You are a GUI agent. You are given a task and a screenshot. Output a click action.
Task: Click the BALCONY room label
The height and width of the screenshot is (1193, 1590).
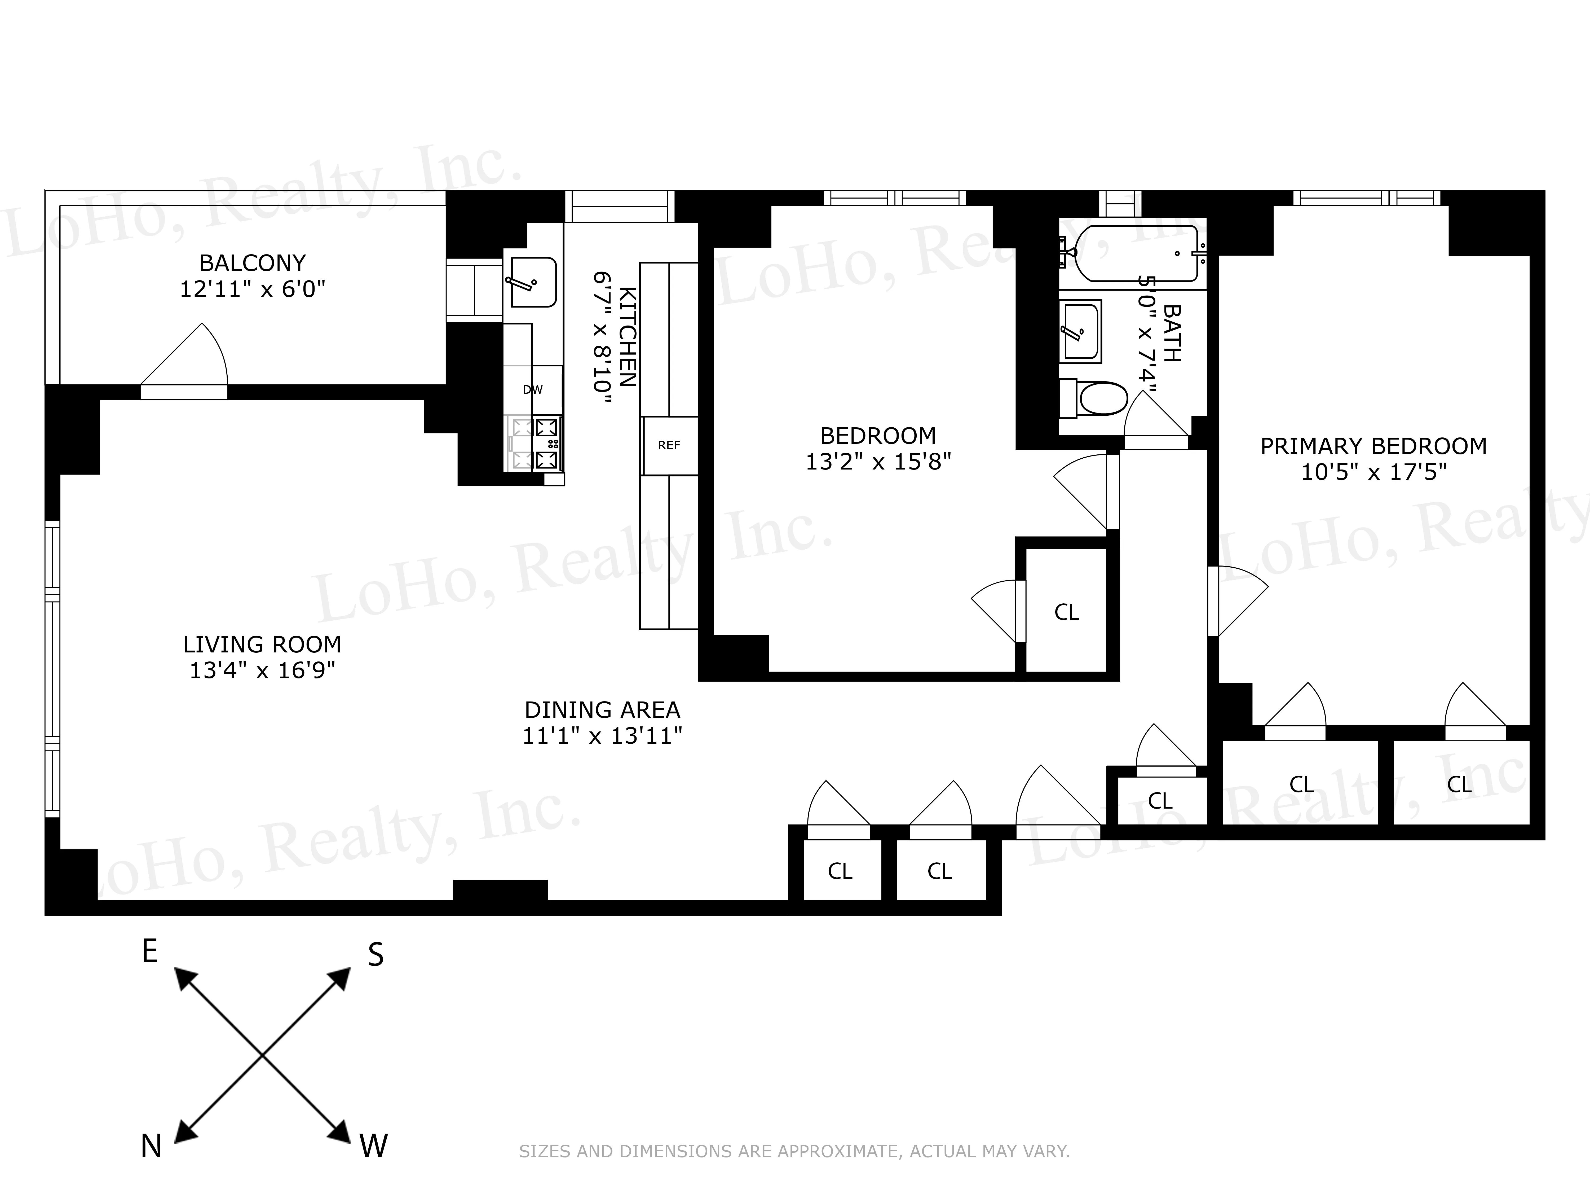coord(252,263)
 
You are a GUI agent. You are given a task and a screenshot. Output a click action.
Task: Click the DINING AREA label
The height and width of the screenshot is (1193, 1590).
coord(602,710)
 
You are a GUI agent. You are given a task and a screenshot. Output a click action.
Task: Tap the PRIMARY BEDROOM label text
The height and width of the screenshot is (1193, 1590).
coord(1373,446)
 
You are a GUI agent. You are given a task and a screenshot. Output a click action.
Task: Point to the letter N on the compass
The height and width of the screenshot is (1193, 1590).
coord(151,1146)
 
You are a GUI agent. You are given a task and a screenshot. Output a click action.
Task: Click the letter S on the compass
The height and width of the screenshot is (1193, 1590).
coord(375,955)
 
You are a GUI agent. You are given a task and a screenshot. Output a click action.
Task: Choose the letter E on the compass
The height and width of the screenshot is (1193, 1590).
coord(149,951)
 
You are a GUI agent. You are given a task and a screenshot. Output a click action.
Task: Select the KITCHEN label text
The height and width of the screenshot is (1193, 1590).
coord(627,336)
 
